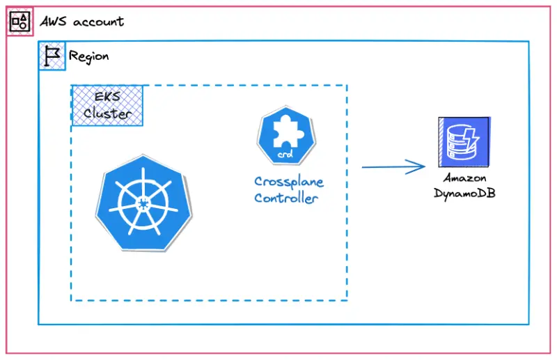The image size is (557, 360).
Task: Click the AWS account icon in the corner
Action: (x=20, y=22)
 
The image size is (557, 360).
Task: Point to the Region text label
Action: (x=88, y=56)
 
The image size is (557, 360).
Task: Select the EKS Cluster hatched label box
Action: (x=107, y=105)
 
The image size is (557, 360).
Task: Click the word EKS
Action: (x=107, y=97)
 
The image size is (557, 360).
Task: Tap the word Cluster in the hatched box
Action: (x=107, y=113)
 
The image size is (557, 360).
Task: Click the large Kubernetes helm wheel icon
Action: (x=143, y=203)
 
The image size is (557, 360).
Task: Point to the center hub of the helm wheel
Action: (x=143, y=203)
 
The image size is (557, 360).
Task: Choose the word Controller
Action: (x=285, y=198)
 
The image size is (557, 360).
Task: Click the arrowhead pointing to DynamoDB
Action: (x=418, y=166)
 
